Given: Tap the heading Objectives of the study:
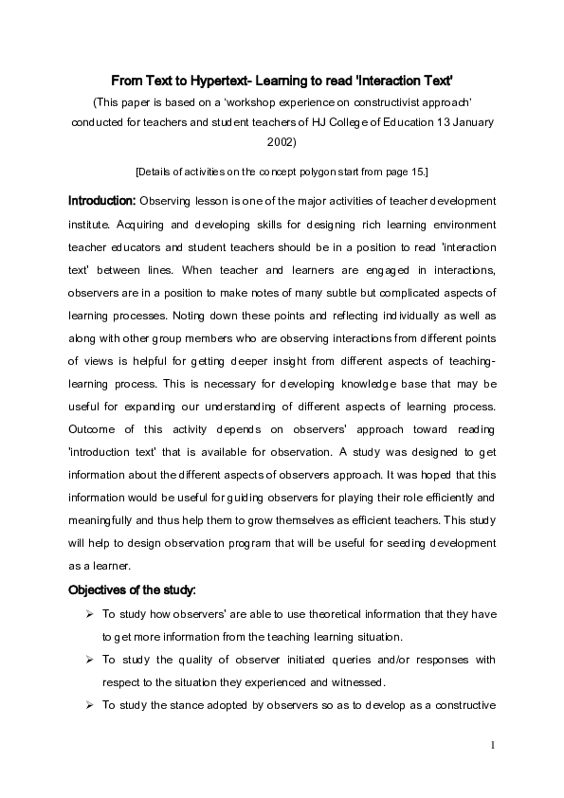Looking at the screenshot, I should pyautogui.click(x=132, y=590).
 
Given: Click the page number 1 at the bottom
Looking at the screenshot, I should pyautogui.click(x=494, y=745).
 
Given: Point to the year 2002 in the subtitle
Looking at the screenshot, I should pyautogui.click(x=282, y=142).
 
